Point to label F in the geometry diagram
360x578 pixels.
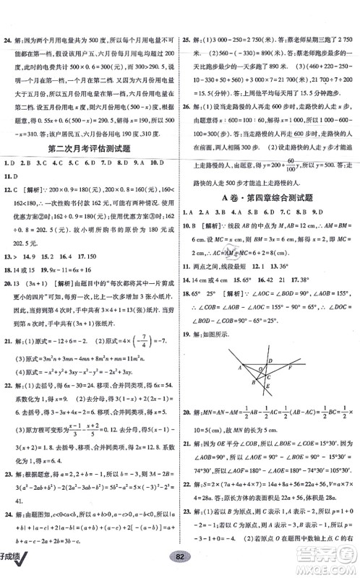(x=290, y=366)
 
